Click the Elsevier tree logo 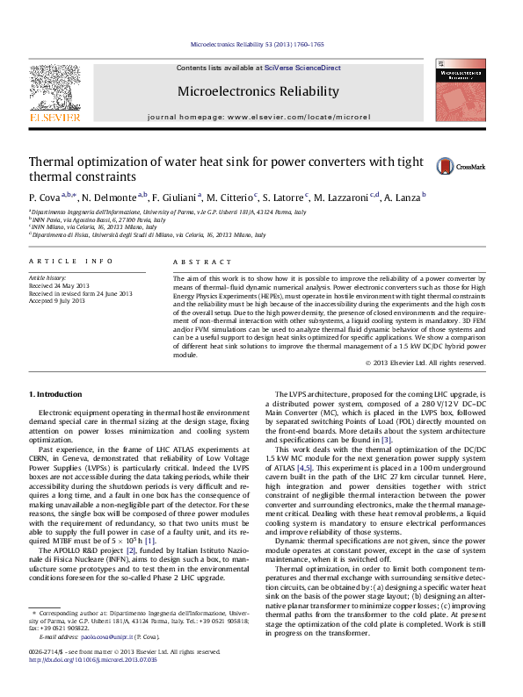tap(54, 87)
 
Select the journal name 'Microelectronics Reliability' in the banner tap(258, 91)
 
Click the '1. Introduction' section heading tap(57, 393)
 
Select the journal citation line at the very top tap(258, 44)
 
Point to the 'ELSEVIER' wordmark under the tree tap(55, 115)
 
